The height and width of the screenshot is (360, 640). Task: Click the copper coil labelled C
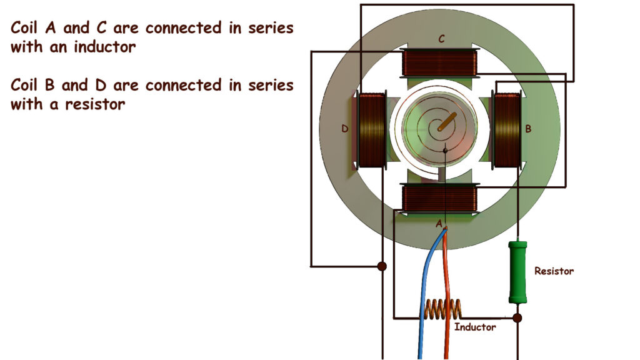(x=441, y=62)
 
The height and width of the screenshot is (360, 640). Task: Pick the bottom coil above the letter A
(x=440, y=198)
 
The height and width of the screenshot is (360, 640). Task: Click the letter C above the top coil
(x=441, y=39)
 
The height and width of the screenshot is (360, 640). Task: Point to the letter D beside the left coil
(x=344, y=129)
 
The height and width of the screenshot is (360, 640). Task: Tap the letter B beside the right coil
(x=528, y=129)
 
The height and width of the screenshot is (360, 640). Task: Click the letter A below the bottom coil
(x=439, y=223)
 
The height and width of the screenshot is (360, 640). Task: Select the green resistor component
(x=517, y=272)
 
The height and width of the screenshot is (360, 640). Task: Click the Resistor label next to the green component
(x=554, y=271)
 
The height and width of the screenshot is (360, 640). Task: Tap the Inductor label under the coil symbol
(x=475, y=327)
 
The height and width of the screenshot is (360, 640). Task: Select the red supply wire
(x=446, y=281)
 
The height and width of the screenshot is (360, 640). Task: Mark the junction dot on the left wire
(x=382, y=266)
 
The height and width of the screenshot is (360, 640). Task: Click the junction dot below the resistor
(x=517, y=318)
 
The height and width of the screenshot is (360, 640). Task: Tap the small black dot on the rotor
(x=445, y=151)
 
